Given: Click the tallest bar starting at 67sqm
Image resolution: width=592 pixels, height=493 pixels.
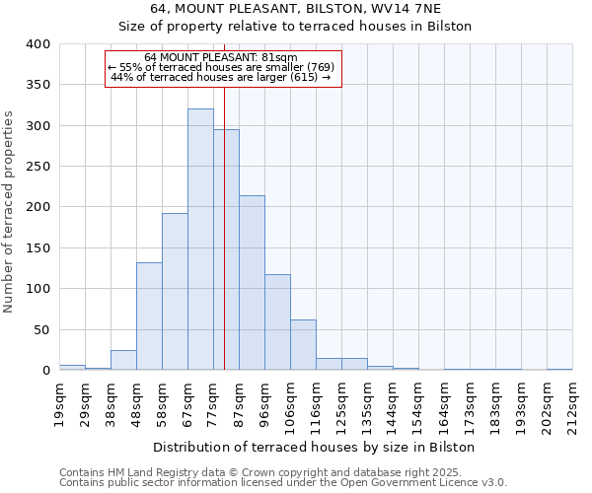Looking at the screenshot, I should pyautogui.click(x=200, y=240).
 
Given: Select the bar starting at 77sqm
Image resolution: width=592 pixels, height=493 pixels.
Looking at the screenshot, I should pyautogui.click(x=226, y=249).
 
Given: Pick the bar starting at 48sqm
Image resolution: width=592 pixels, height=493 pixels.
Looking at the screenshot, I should pyautogui.click(x=149, y=317).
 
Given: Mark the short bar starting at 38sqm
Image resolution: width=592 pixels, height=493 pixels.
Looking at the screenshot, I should pyautogui.click(x=123, y=360).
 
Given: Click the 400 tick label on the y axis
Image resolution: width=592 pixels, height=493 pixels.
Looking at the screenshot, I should pyautogui.click(x=37, y=44).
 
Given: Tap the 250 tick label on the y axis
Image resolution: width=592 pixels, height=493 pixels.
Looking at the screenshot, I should pyautogui.click(x=37, y=167).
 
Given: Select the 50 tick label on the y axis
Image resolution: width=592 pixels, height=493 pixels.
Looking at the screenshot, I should pyautogui.click(x=41, y=329).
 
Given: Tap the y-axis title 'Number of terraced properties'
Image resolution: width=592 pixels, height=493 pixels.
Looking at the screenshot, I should pyautogui.click(x=9, y=212).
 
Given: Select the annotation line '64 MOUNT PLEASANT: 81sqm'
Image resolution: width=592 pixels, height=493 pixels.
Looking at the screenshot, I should pyautogui.click(x=220, y=57).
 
